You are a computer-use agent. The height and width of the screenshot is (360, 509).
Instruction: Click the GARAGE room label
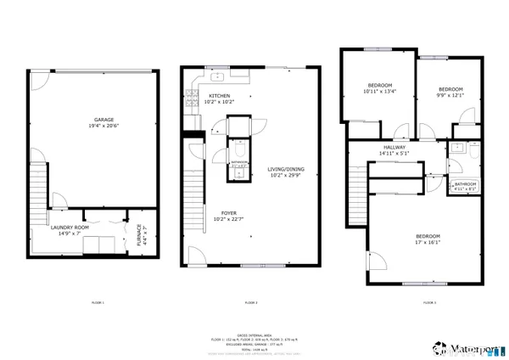[93, 121]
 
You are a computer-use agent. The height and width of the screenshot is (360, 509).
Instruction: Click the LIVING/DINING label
[287, 172]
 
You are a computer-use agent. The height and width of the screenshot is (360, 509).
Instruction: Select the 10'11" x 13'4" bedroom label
[379, 88]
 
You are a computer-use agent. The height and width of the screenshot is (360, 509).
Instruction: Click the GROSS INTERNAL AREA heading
[252, 335]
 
